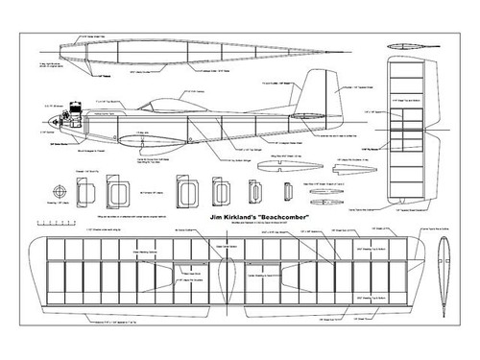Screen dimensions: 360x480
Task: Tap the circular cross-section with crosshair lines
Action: [x=61, y=186]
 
